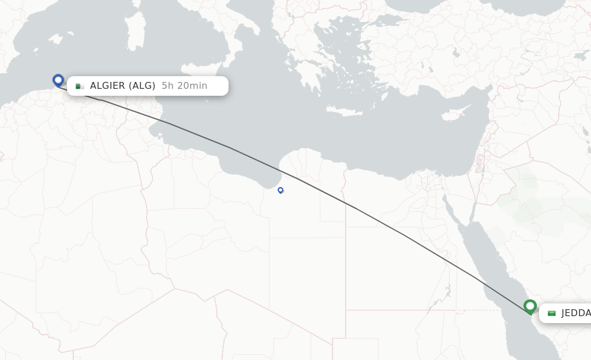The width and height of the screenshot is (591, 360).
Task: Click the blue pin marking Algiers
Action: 58,80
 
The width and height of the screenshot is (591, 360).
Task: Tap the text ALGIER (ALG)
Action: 122,86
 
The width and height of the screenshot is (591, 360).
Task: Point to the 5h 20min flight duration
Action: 184,86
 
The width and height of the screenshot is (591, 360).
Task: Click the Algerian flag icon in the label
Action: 80,86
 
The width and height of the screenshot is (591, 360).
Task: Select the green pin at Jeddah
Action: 530,306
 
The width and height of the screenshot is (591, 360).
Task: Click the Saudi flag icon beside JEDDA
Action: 552,313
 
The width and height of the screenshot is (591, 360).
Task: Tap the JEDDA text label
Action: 575,313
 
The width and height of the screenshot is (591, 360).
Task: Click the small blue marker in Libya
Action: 280,190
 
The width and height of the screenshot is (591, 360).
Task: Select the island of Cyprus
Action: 455,114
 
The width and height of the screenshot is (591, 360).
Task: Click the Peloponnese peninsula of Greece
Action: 309,77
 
